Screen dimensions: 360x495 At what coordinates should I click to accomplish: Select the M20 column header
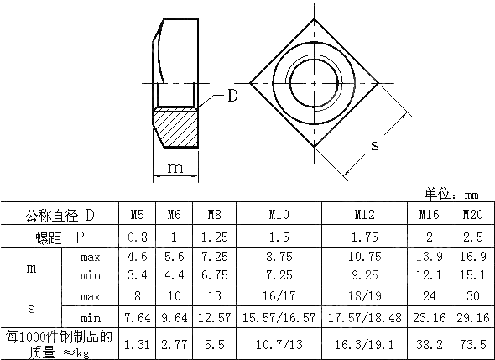(473, 215)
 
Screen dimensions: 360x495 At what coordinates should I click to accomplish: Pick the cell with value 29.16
(473, 317)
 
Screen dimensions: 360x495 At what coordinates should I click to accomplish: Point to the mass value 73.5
(473, 343)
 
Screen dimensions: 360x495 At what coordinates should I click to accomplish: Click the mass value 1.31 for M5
(138, 343)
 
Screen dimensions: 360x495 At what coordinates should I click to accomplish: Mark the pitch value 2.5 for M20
(473, 237)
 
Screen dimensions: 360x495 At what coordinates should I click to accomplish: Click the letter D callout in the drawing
(232, 96)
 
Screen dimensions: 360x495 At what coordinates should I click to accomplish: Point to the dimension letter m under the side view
(175, 168)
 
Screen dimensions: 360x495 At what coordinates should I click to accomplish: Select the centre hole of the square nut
(314, 83)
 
